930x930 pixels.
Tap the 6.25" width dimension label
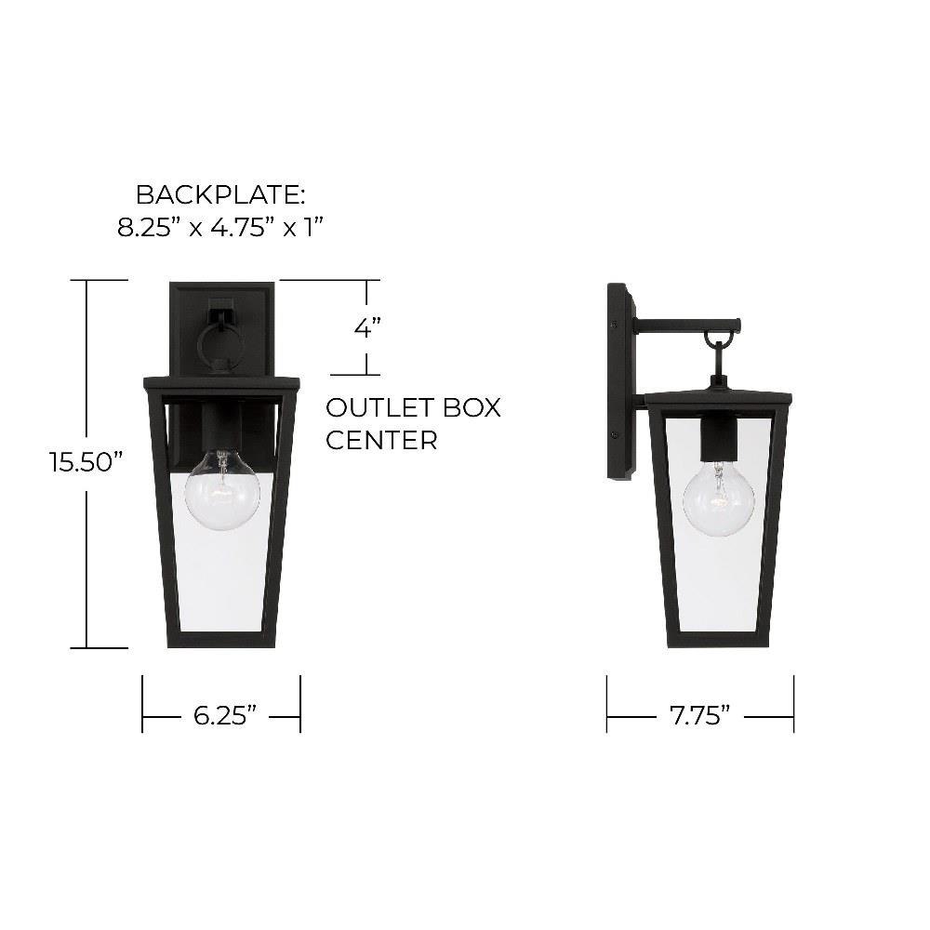(225, 715)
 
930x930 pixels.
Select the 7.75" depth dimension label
(700, 715)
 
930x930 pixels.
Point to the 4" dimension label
(367, 326)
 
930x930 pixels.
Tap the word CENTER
(382, 440)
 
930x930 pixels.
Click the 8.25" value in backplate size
(148, 227)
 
